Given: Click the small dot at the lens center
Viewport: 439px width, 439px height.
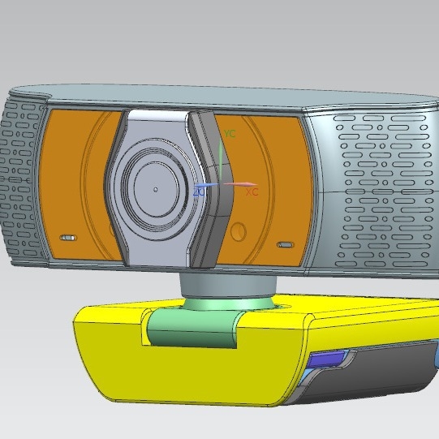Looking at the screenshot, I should click(x=156, y=190).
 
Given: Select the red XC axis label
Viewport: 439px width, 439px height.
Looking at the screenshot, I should click(x=252, y=192).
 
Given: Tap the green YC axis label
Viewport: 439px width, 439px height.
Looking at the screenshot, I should click(x=230, y=133).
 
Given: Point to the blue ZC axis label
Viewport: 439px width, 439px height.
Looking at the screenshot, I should click(x=200, y=192).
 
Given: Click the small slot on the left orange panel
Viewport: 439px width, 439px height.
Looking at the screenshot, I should click(x=68, y=239).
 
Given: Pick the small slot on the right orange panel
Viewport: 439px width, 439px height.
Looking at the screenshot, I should click(x=285, y=244).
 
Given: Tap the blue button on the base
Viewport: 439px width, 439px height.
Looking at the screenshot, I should click(x=327, y=359).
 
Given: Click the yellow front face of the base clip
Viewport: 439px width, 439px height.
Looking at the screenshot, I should click(x=179, y=373).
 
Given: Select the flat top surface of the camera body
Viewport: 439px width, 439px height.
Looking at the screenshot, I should click(x=243, y=95).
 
